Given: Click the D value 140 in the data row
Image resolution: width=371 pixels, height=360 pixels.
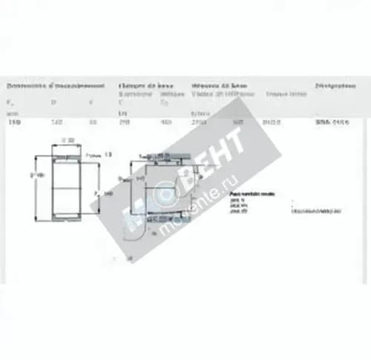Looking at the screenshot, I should (54, 121).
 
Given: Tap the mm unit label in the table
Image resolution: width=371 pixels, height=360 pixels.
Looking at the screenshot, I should (11, 111).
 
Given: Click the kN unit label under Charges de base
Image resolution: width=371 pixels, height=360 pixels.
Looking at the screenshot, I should (123, 111).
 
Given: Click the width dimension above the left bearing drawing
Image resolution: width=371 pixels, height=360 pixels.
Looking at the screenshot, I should (68, 141).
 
